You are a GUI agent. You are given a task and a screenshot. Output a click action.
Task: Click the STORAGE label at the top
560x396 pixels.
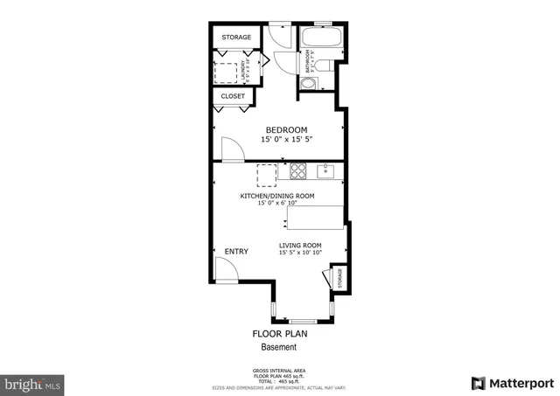(236, 38)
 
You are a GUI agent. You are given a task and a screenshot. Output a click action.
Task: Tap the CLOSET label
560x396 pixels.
(233, 96)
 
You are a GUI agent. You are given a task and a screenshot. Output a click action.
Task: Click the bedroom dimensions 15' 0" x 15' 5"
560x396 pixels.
(286, 140)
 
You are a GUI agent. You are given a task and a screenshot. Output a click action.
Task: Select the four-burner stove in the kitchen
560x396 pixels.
(298, 170)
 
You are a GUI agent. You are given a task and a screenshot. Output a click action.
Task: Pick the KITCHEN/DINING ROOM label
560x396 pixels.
(277, 196)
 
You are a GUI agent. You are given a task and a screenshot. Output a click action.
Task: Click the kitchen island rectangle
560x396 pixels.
(314, 215)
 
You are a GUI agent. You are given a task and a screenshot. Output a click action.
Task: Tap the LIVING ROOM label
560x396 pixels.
(300, 246)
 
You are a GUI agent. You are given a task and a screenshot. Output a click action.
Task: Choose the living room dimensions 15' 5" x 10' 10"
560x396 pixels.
(300, 254)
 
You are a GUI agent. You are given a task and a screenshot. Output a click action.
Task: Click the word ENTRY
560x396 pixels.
(236, 252)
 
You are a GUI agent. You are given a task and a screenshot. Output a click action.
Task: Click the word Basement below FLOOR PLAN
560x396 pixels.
(280, 347)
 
